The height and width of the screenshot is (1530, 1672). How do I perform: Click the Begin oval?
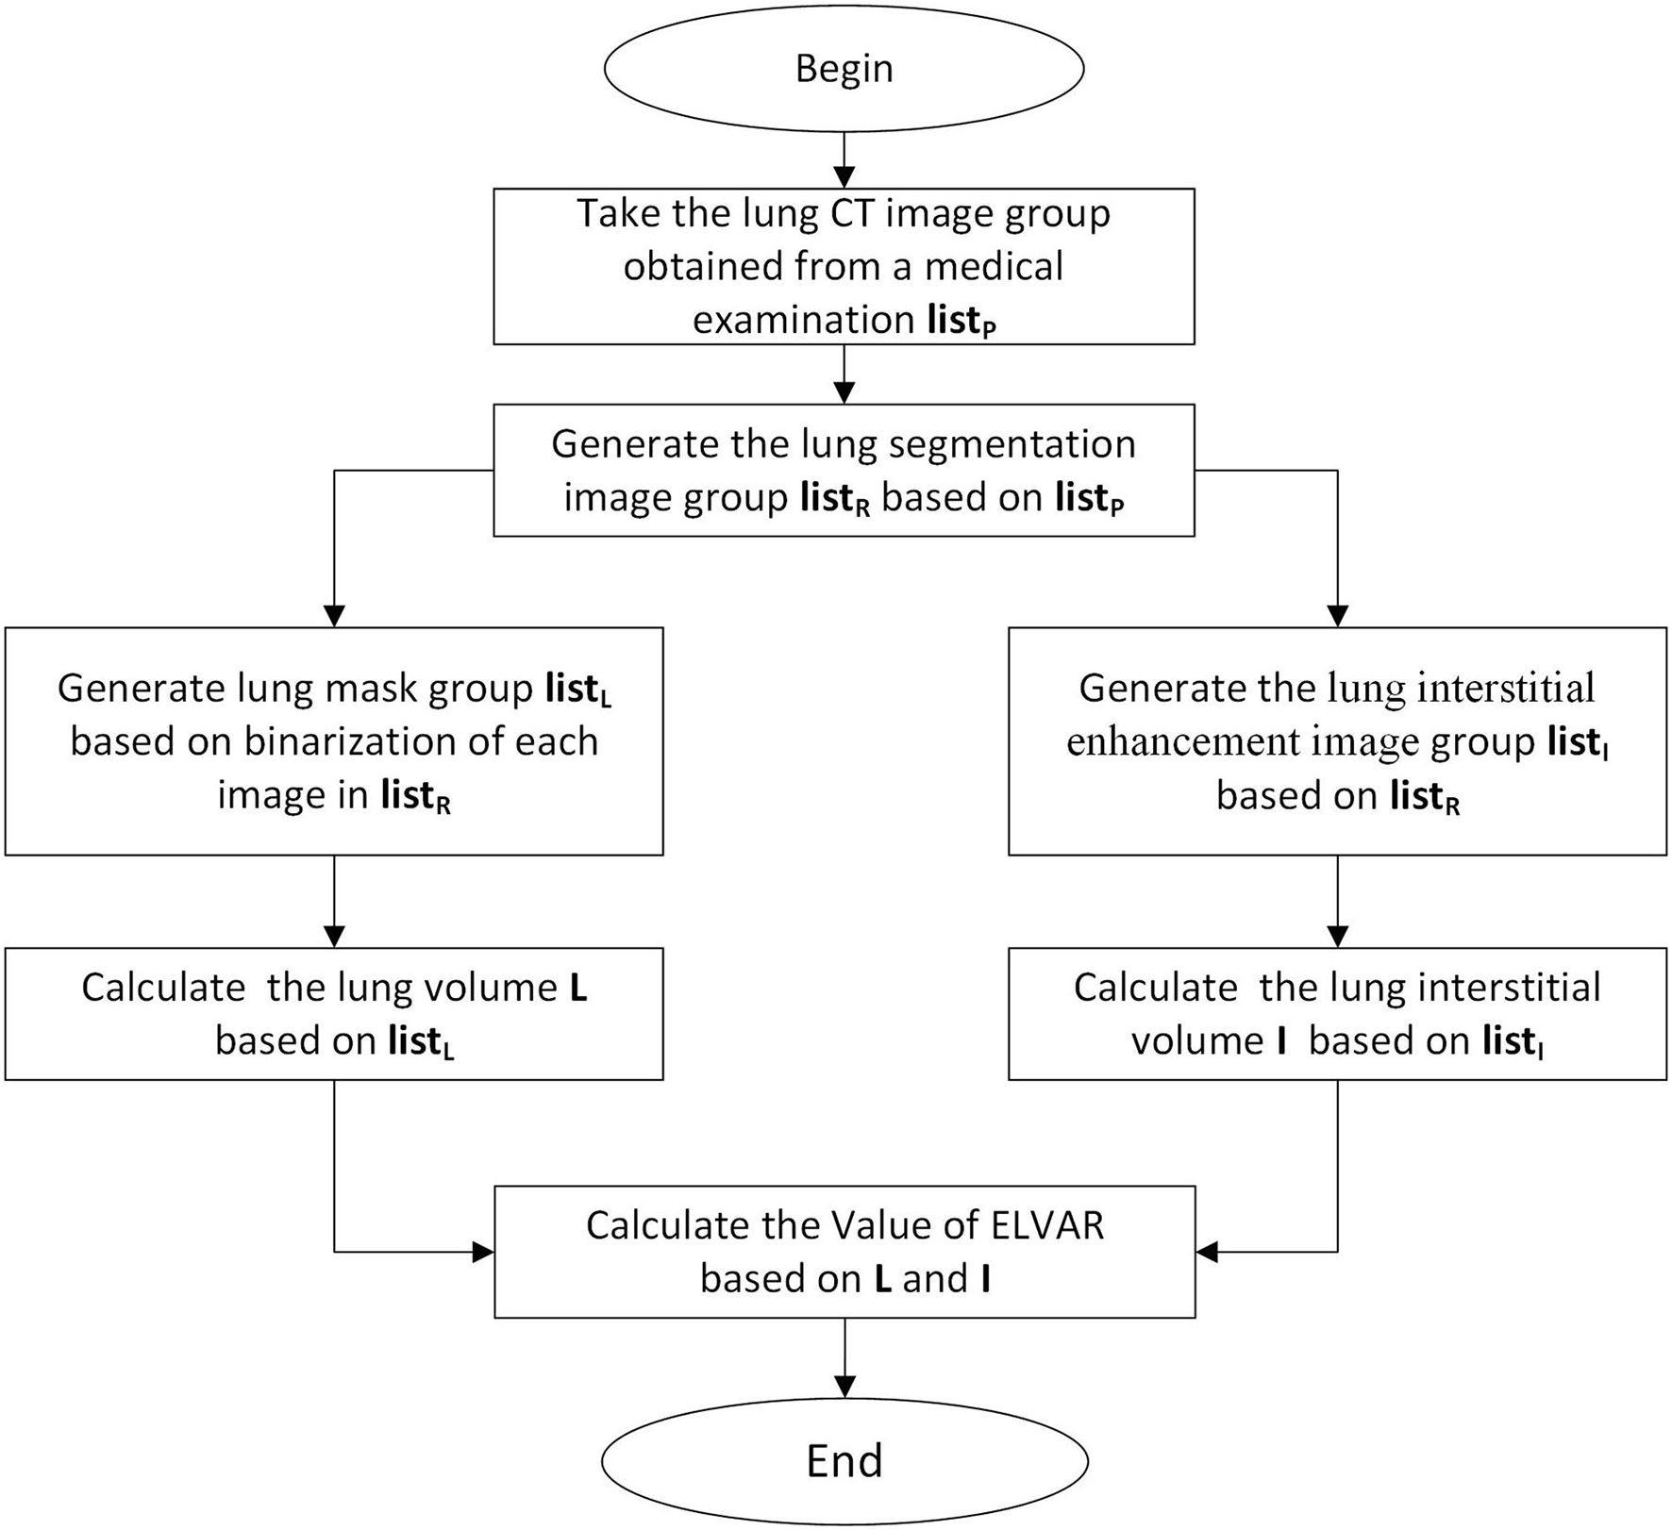point(844,69)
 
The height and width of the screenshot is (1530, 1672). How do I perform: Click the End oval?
point(844,1459)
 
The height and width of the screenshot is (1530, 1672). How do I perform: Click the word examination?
point(804,320)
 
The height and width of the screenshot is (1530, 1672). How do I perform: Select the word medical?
point(994,266)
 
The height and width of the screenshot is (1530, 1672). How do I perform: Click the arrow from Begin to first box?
point(844,160)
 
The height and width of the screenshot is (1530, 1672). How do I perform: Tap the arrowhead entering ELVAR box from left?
point(483,1253)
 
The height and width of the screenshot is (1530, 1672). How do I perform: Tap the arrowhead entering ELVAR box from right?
point(1208,1253)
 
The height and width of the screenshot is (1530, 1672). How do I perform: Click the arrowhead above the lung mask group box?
point(334,616)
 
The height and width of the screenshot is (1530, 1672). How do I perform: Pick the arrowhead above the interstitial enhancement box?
point(1337,616)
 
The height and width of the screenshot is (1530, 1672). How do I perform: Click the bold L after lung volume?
point(577,988)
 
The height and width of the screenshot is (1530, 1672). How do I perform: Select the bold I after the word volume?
point(1280,1041)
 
